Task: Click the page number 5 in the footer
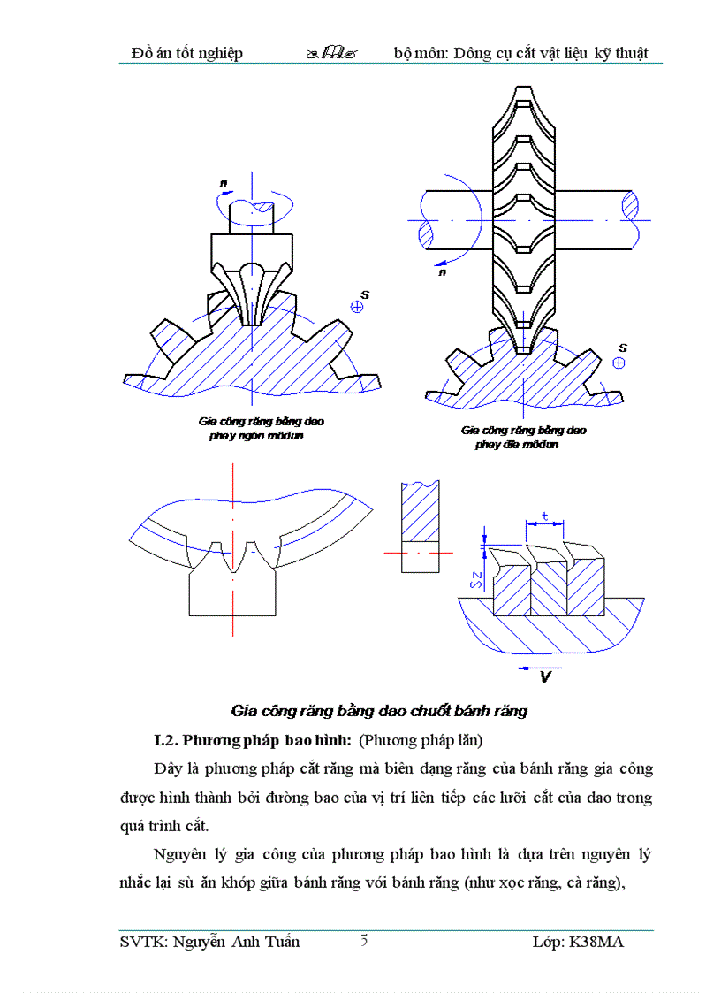click(x=364, y=940)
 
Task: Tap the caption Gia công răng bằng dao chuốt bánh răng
click(x=378, y=711)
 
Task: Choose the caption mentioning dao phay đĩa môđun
click(x=522, y=438)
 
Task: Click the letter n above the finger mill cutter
click(x=224, y=183)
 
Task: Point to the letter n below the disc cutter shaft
click(x=442, y=273)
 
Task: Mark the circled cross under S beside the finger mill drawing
click(x=357, y=307)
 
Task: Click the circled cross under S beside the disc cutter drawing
click(x=619, y=363)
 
